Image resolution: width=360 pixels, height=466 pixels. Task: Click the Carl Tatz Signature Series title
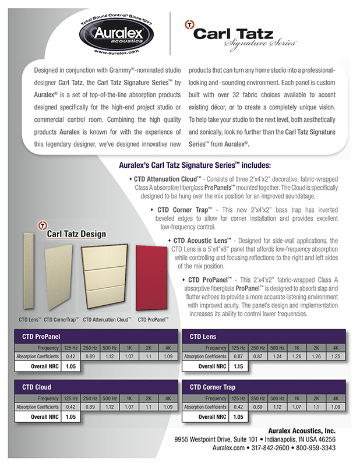(x=243, y=33)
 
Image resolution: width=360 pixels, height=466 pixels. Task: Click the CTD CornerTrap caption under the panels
(x=61, y=319)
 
